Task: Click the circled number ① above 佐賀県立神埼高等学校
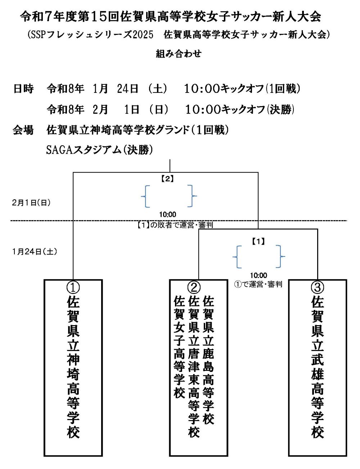click(73, 287)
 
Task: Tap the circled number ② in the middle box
click(194, 287)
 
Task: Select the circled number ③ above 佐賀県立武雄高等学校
click(317, 287)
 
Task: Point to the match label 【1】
click(258, 242)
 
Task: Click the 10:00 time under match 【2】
click(168, 215)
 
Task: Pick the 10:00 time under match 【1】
click(258, 276)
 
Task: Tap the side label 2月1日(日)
click(31, 202)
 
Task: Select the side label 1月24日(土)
click(35, 251)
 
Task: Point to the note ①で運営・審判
click(258, 284)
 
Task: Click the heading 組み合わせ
click(179, 54)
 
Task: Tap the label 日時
click(23, 88)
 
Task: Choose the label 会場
click(23, 130)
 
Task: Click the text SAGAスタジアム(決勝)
click(99, 150)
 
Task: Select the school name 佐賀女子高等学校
click(179, 347)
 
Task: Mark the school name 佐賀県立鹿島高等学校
click(208, 360)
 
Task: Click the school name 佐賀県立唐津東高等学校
click(194, 366)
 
